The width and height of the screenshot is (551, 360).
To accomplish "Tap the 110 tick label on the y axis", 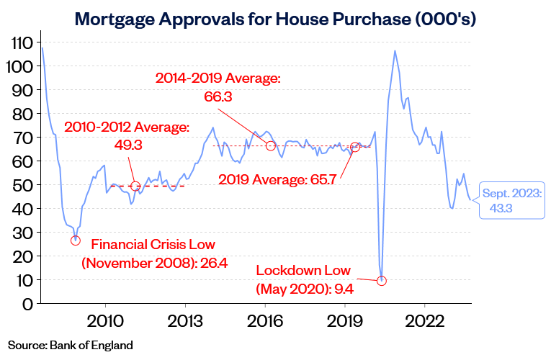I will pos(22,42).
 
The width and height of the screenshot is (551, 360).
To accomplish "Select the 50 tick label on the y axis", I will pos(22,185).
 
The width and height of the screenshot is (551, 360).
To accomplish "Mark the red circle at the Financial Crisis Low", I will pos(76,240).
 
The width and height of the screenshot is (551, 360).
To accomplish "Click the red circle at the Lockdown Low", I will pos(382,281).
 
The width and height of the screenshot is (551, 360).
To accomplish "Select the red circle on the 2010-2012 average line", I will pos(135,186).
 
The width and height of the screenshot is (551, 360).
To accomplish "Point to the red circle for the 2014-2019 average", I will pos(271,145).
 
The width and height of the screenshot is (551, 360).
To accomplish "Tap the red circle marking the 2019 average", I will pos(354,147).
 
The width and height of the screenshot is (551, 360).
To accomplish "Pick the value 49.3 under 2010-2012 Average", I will pos(128,145).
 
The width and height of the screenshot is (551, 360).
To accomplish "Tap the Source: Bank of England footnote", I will pos(71,344).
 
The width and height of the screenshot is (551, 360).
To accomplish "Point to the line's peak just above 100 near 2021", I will pos(395,51).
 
